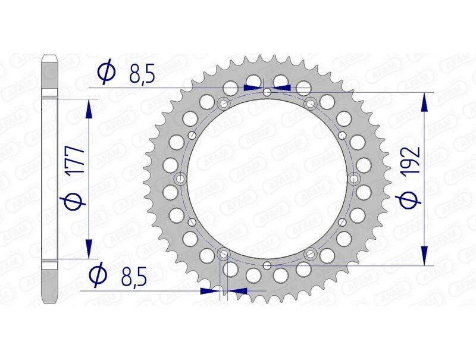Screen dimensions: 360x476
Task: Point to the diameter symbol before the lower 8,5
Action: point(98,276)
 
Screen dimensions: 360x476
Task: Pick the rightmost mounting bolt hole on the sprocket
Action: point(355,179)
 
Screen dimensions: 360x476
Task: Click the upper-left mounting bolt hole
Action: point(224,104)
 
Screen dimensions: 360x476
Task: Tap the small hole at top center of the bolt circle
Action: point(268,92)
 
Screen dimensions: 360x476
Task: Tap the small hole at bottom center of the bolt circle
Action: point(268,265)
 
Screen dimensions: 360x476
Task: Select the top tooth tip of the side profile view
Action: point(49,58)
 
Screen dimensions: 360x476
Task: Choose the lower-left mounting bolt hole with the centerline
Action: point(224,254)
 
